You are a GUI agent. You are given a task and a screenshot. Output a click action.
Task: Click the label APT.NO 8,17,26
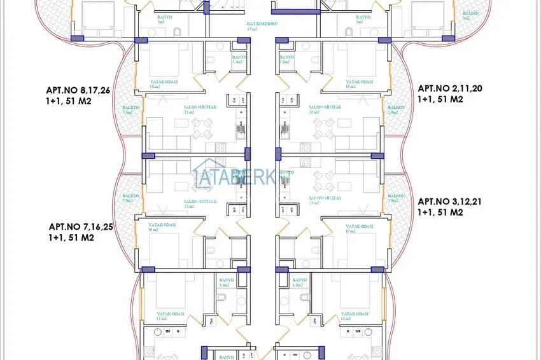click(x=78, y=90)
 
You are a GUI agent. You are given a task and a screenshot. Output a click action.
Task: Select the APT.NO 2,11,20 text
click(x=448, y=89)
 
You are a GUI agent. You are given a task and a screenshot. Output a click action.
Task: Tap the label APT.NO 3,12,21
click(x=449, y=202)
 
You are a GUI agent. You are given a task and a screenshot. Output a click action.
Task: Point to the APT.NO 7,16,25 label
click(x=81, y=226)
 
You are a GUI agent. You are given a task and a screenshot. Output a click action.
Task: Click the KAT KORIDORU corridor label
click(x=260, y=26)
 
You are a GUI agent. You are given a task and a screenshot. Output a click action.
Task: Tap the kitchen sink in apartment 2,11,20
click(x=283, y=132)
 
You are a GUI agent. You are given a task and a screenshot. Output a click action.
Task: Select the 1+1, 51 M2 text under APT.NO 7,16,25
click(x=71, y=238)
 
